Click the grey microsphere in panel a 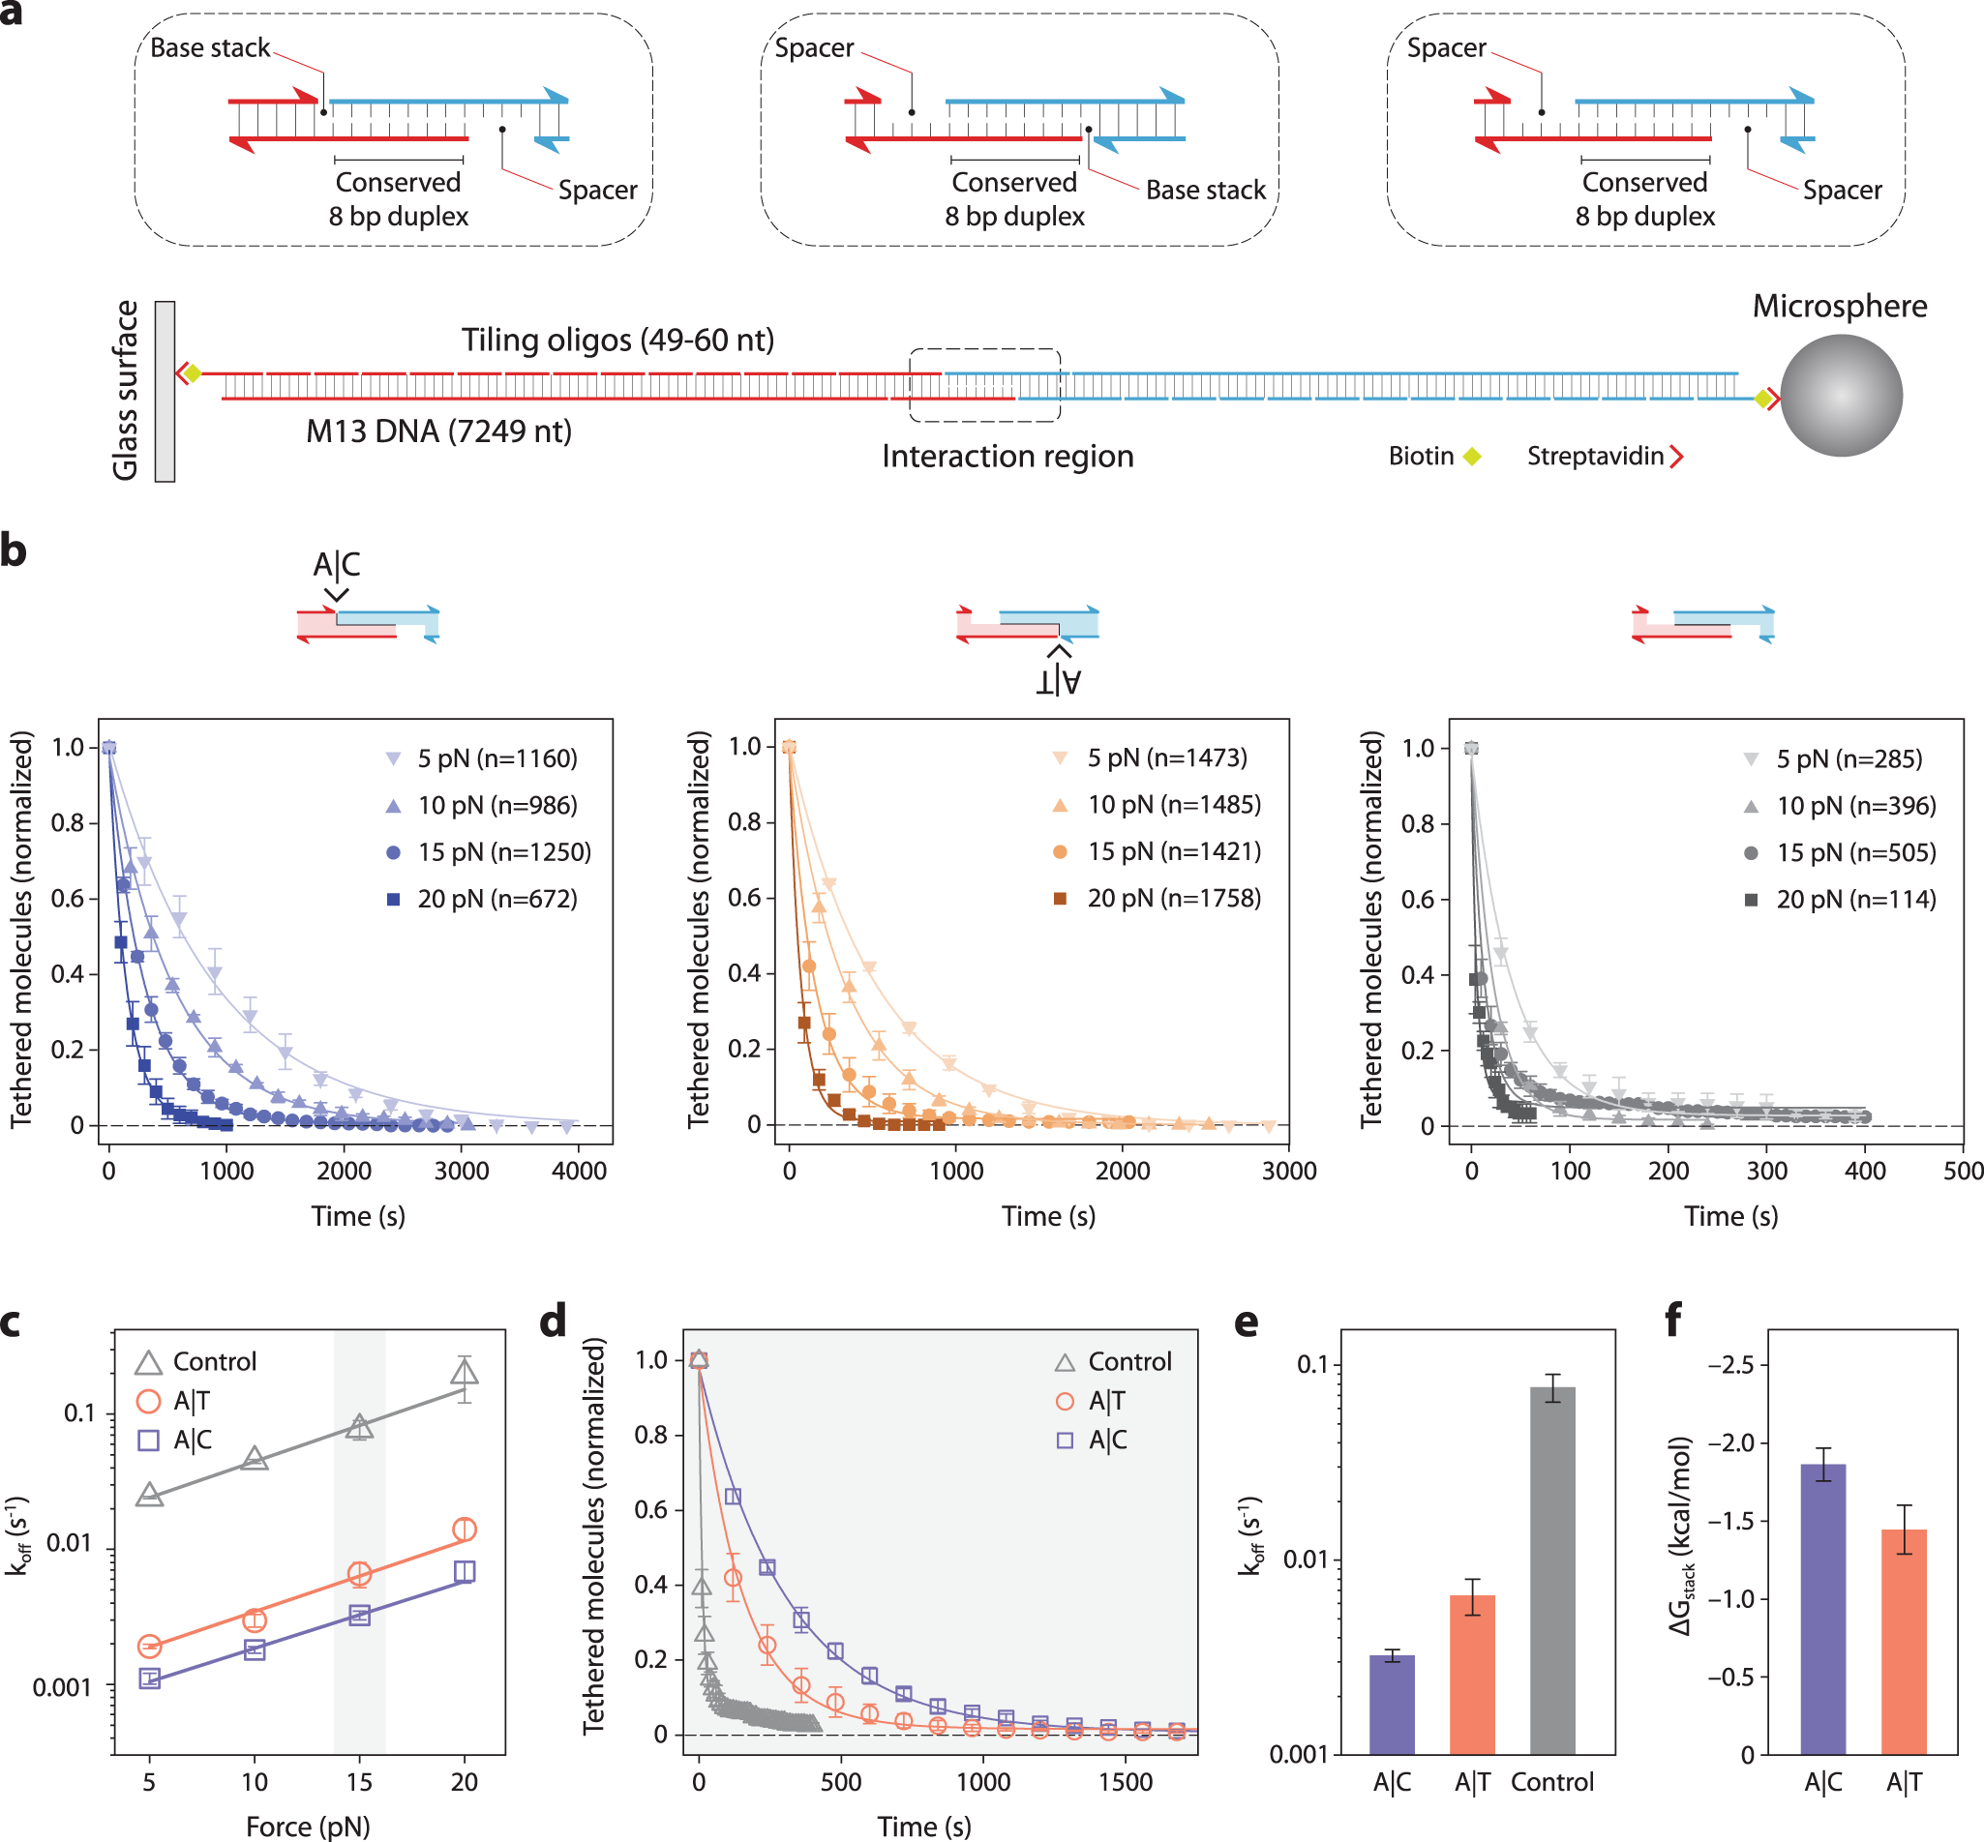click(x=1841, y=396)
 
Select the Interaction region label click(x=1007, y=457)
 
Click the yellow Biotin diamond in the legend click(x=1472, y=457)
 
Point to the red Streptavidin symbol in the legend click(x=1677, y=457)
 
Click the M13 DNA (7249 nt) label click(x=438, y=431)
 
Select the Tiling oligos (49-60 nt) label click(x=617, y=340)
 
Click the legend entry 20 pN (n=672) click(x=483, y=899)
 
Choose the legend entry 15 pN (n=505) click(x=1840, y=852)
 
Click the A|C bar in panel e click(x=1392, y=1705)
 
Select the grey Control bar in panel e click(x=1552, y=1570)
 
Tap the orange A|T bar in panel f click(x=1904, y=1641)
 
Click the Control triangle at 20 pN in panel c click(x=464, y=1373)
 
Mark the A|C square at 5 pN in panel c click(x=150, y=1678)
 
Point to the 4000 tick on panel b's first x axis click(x=580, y=1171)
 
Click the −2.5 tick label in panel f click(x=1732, y=1364)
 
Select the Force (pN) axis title click(x=308, y=1827)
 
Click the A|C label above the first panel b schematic click(x=337, y=564)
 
